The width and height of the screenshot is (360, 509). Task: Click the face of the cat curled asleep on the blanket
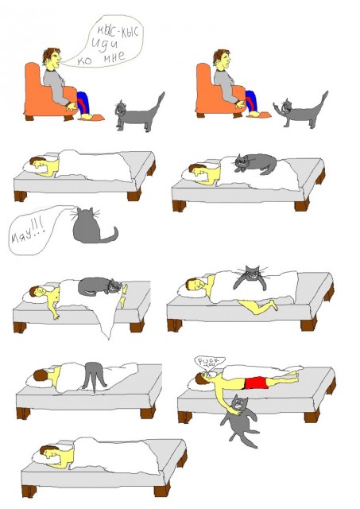116,286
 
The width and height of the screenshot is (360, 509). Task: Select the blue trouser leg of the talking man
83,101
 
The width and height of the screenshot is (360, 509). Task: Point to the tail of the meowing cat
110,235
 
